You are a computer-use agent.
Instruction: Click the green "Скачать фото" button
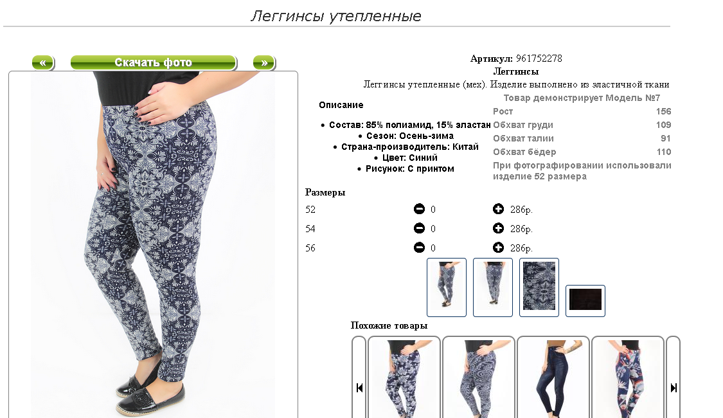tap(153, 62)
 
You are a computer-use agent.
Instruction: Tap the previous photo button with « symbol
tap(43, 62)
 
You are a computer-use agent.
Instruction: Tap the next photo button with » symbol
tap(263, 62)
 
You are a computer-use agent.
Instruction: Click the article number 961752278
tap(539, 59)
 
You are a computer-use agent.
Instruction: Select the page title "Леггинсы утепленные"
tap(335, 16)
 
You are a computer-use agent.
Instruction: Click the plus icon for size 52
tap(498, 209)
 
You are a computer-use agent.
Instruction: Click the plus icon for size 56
tap(498, 248)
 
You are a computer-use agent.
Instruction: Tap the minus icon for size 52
tap(418, 209)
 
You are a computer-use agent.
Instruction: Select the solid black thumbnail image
tap(585, 300)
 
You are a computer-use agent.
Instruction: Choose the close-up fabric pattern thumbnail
tap(539, 287)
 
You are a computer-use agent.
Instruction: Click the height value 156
tap(663, 111)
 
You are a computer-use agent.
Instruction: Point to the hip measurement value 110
tap(663, 152)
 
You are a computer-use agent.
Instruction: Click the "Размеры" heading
tap(325, 192)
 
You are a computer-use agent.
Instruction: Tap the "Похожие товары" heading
tap(389, 325)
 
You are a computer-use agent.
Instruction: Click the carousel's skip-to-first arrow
tap(359, 388)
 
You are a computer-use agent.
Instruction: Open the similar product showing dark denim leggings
tap(553, 377)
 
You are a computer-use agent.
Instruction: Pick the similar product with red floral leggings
tap(627, 377)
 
